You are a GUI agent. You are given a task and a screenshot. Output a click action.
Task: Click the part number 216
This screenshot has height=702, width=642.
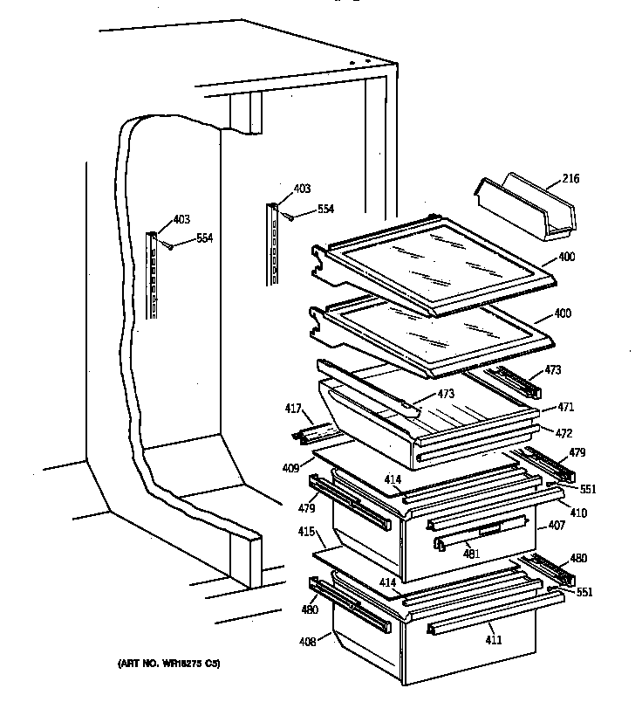coord(571,178)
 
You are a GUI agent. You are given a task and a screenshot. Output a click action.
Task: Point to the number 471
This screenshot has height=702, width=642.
coord(566,408)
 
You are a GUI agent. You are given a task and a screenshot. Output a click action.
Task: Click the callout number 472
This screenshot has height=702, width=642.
coord(566,431)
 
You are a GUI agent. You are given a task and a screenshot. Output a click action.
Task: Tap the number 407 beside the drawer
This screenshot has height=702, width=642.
coord(557,526)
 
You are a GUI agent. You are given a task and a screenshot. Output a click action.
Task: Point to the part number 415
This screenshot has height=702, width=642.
coord(305,530)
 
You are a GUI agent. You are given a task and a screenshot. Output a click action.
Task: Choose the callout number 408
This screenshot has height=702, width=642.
coord(308,643)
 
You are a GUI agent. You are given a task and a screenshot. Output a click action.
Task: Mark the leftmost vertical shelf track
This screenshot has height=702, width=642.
coord(154,275)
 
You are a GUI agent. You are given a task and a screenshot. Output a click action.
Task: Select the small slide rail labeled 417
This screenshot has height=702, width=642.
coord(314,431)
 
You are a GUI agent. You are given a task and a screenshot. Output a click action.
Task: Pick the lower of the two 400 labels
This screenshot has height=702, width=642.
coord(563,313)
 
